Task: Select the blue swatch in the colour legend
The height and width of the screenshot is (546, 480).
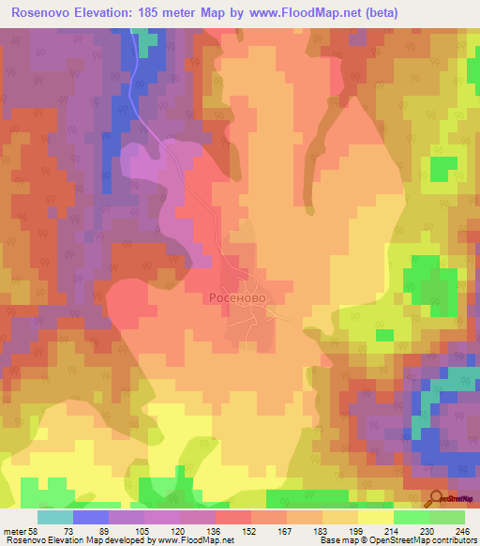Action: point(91,517)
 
